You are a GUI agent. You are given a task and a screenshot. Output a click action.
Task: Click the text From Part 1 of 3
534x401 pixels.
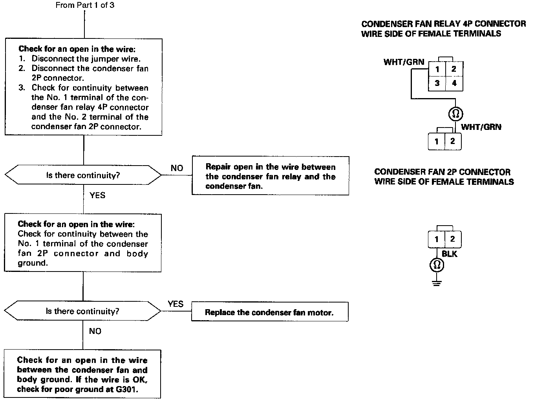click(85, 5)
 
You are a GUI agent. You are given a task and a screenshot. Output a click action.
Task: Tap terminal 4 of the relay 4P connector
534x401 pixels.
click(454, 83)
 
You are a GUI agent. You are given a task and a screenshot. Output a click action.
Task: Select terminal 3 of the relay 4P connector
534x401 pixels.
click(437, 83)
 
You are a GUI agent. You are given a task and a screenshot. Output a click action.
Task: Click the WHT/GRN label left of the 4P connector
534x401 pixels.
click(404, 62)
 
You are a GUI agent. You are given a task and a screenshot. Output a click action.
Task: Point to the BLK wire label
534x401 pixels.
click(449, 254)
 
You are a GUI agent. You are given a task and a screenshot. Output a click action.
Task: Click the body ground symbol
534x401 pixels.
click(437, 283)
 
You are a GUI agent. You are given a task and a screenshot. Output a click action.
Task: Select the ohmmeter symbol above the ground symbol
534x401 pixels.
click(437, 266)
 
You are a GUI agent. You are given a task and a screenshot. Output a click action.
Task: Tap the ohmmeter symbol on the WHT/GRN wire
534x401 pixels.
click(455, 114)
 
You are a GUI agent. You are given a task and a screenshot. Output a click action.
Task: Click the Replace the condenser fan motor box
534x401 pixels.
click(269, 312)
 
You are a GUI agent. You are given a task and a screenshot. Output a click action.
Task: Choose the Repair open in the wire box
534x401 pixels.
click(270, 177)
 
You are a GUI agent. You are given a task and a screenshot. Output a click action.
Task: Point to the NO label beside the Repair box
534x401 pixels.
click(177, 168)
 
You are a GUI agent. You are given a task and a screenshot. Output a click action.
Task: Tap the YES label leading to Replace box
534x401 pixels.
click(176, 304)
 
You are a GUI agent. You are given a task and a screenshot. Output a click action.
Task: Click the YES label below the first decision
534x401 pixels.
click(97, 195)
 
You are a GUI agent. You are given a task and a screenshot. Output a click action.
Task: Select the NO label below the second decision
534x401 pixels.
click(95, 331)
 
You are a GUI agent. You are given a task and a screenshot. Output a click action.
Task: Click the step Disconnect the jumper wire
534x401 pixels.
click(86, 59)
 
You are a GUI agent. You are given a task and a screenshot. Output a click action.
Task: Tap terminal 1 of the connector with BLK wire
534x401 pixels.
click(437, 239)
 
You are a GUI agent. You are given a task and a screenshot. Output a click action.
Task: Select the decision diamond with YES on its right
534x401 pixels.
click(82, 311)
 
